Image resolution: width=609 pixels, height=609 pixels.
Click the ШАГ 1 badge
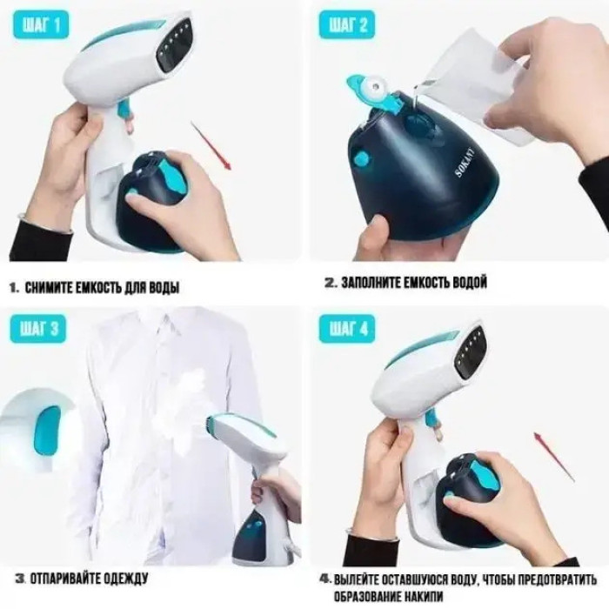41,25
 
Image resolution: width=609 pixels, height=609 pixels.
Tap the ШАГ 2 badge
348,25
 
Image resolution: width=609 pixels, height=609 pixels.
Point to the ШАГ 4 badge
348,330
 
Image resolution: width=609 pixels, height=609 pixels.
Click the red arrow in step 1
211,145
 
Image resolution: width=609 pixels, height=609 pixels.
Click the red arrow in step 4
554,456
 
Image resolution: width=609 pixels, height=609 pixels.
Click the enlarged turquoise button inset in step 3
47,431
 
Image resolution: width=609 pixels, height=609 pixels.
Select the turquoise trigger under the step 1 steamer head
125,110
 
